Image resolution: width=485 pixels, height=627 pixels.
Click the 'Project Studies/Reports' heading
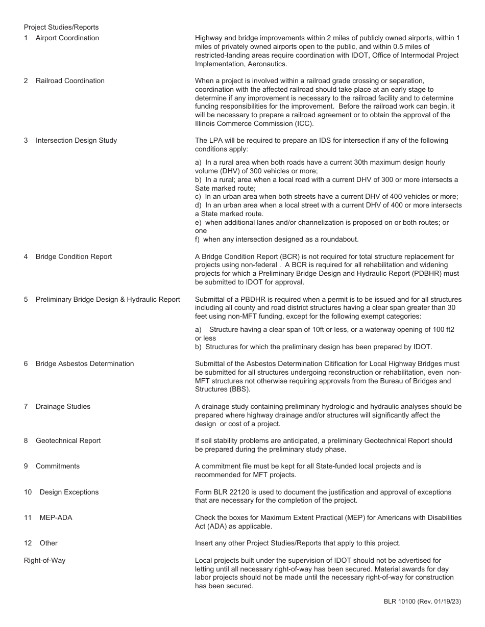[61, 27]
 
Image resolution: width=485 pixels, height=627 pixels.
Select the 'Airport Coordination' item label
[67, 38]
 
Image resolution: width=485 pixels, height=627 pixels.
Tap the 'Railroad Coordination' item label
[70, 81]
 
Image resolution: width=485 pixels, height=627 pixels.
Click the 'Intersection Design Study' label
[76, 140]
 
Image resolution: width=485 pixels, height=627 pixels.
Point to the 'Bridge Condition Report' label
[74, 256]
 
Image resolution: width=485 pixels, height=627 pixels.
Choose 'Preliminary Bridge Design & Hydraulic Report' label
[108, 299]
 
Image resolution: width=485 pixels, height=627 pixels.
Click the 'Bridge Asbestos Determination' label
[85, 363]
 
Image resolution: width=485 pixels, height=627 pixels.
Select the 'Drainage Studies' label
[63, 406]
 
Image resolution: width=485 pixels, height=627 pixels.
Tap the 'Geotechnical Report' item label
[68, 440]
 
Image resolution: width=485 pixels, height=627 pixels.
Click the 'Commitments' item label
[58, 466]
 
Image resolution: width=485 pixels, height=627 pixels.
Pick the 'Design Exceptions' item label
[69, 492]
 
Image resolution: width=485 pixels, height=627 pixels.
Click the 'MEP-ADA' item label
[56, 517]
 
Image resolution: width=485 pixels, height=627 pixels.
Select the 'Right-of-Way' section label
[44, 560]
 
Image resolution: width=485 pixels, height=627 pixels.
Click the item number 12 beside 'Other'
[28, 543]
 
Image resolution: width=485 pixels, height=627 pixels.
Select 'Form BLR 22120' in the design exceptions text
[221, 492]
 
